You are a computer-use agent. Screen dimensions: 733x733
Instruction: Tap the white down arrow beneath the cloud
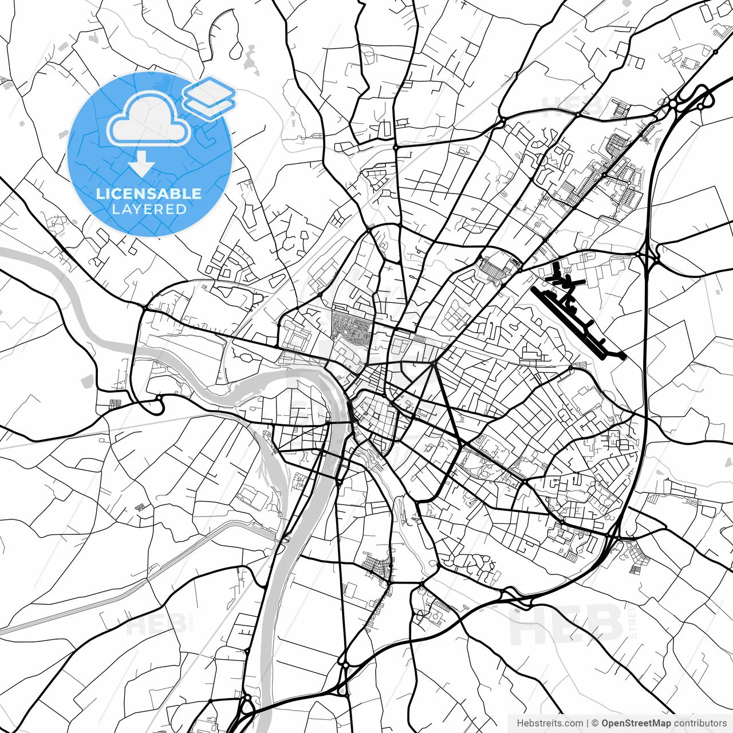click(141, 167)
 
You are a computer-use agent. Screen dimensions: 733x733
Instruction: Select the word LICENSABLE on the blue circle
click(149, 194)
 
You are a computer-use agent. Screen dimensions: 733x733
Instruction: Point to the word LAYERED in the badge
click(149, 209)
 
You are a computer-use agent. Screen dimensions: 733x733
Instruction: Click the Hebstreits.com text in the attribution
click(550, 723)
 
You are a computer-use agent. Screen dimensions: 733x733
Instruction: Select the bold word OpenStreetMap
click(636, 723)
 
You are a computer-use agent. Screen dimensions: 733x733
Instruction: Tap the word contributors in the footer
click(700, 723)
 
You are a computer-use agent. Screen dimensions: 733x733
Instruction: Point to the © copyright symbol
click(596, 723)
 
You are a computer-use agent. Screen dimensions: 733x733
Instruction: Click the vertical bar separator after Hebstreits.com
click(588, 723)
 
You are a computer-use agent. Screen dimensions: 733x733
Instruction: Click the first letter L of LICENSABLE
click(100, 194)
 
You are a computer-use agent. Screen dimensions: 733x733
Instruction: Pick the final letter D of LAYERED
click(182, 209)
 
